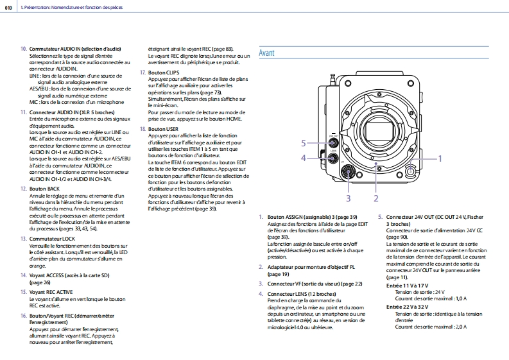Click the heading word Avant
pos(266,53)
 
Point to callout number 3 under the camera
pos(349,198)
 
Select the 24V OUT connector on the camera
pos(333,143)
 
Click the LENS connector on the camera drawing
pos(333,158)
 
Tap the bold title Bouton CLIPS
pos(160,73)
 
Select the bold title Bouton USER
pos(159,129)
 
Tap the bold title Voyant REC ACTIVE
pos(53,291)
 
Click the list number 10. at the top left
pos(24,48)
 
